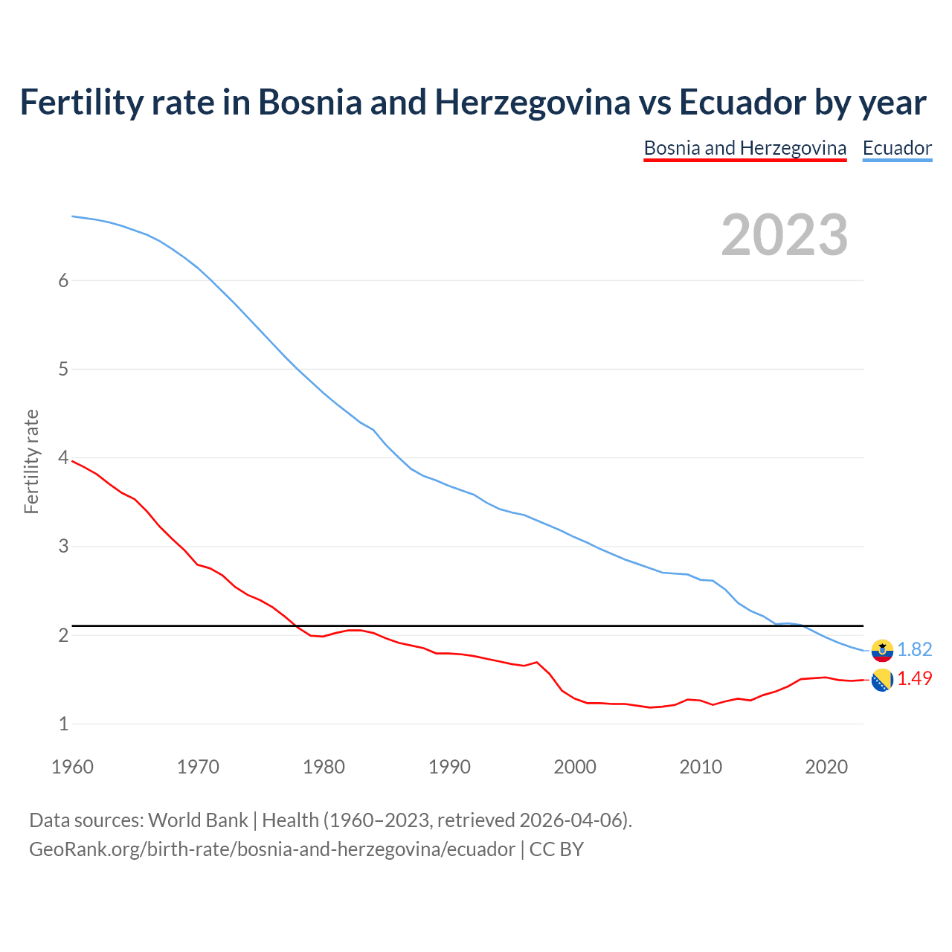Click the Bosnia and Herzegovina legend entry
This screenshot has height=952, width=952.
pos(744,148)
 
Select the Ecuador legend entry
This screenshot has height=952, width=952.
pos(897,148)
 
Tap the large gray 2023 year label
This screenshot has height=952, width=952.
pos(784,235)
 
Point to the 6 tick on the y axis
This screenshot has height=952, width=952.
pos(63,280)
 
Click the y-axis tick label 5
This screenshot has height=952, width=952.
pos(63,369)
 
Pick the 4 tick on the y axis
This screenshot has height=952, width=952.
pos(63,457)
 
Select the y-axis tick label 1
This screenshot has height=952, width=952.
pos(63,724)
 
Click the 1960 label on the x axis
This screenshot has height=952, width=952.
pos(72,767)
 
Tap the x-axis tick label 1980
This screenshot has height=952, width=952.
pos(324,767)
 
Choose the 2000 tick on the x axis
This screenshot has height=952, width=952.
pos(575,767)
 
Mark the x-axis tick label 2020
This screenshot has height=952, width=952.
pos(826,767)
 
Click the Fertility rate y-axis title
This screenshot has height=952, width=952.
pos(31,461)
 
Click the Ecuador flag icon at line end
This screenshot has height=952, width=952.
pos(882,650)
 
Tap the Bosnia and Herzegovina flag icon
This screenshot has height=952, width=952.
pos(882,680)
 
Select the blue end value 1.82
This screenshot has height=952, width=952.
pos(914,649)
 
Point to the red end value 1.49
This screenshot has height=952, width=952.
pos(914,678)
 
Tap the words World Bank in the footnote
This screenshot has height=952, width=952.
pos(198,820)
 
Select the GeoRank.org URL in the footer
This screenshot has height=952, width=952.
pos(271,849)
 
